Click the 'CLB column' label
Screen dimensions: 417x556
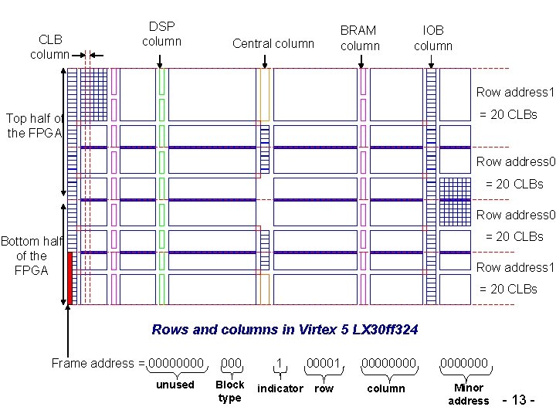click(x=46, y=46)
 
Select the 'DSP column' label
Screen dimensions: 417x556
click(x=161, y=34)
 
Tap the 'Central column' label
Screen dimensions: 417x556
click(x=273, y=43)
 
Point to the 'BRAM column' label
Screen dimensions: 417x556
click(x=360, y=38)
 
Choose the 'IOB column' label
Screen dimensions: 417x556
click(x=433, y=38)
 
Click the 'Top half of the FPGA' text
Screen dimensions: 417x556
click(x=33, y=125)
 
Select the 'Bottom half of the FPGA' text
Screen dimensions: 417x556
click(x=31, y=256)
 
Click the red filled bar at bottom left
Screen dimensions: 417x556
click(x=69, y=277)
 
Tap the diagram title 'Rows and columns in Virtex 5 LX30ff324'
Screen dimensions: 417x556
click(x=285, y=330)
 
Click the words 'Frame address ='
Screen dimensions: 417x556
click(x=97, y=363)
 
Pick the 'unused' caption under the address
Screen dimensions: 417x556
click(x=175, y=385)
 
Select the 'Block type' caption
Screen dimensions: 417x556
click(x=229, y=391)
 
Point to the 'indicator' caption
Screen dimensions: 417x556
click(x=280, y=388)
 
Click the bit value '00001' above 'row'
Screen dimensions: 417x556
click(x=324, y=363)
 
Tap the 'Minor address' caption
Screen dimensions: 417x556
click(x=469, y=394)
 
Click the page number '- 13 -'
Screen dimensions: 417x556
click(x=519, y=399)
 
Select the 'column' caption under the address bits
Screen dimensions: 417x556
click(x=386, y=388)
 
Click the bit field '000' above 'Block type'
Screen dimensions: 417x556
click(x=232, y=363)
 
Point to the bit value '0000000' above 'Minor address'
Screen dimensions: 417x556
click(x=464, y=363)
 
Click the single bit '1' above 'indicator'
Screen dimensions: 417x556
click(x=279, y=363)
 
